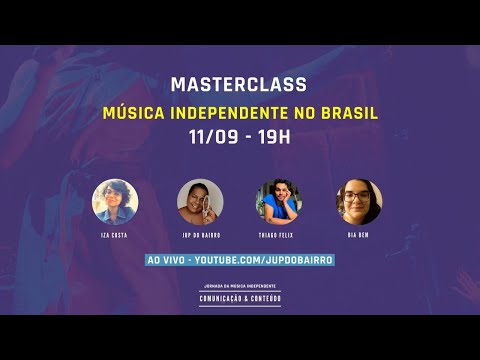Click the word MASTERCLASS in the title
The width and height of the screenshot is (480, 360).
pos(238,86)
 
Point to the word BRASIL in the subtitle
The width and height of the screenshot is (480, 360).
pos(349,112)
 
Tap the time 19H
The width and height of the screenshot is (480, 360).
pos(271,137)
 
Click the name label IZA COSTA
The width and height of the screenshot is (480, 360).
pos(115,236)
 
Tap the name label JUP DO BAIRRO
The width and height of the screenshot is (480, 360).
pos(199,236)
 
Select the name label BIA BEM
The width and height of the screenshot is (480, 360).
pos(359,236)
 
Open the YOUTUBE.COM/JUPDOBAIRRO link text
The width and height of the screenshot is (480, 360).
pos(263,260)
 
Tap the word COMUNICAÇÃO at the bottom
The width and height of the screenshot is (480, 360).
pos(224,297)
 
